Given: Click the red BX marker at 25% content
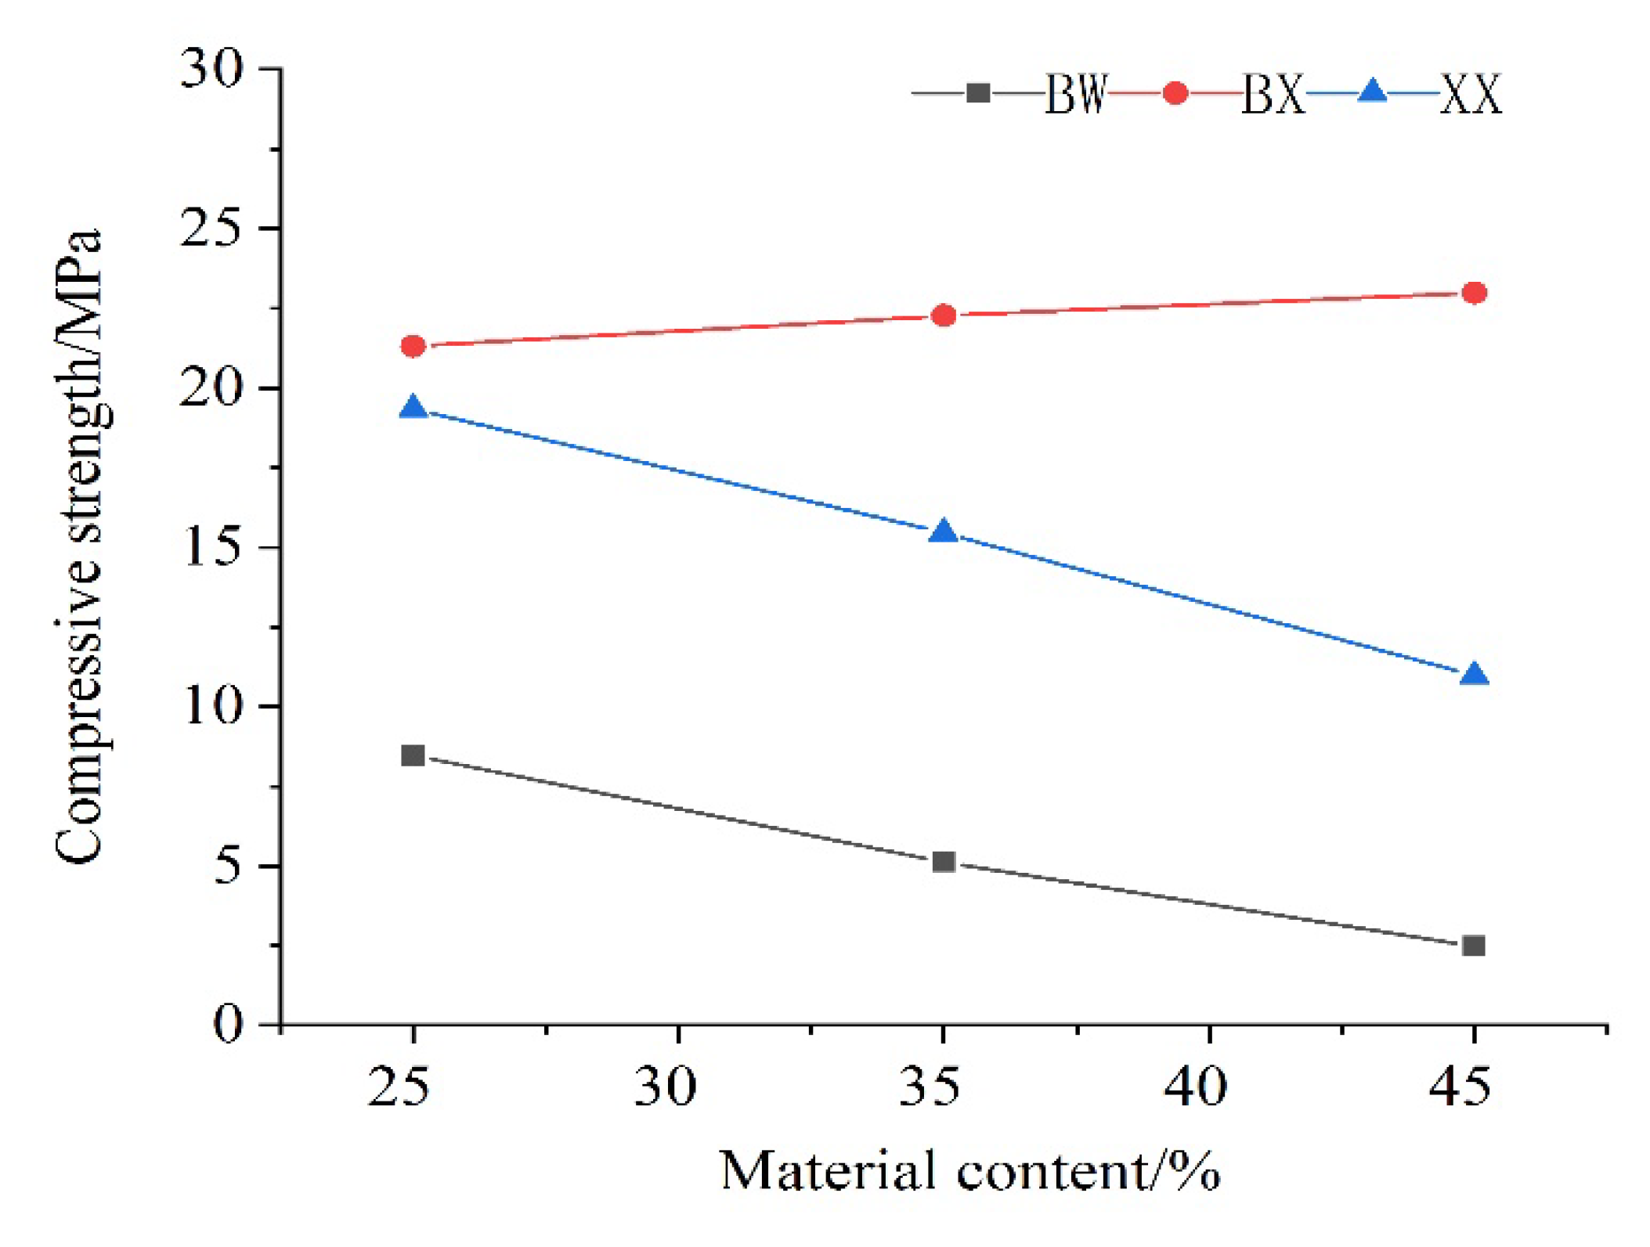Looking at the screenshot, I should [413, 346].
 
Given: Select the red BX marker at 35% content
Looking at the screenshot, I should [944, 315].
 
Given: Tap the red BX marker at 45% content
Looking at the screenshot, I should [1475, 293].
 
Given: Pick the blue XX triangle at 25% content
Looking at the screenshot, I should [413, 408].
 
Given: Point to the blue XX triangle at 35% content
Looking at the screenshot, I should [944, 532].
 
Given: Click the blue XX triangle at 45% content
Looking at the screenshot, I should [1475, 674].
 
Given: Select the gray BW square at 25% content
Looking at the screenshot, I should [413, 755].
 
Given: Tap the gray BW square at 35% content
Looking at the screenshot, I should [944, 862].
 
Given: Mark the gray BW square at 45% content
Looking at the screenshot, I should [1474, 946].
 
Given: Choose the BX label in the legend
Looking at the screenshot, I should [1273, 96].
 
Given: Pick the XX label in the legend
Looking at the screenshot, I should [1471, 96].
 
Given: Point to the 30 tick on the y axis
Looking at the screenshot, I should [211, 69].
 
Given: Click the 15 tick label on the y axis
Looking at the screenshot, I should [211, 546].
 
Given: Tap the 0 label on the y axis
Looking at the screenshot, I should [228, 1023].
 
